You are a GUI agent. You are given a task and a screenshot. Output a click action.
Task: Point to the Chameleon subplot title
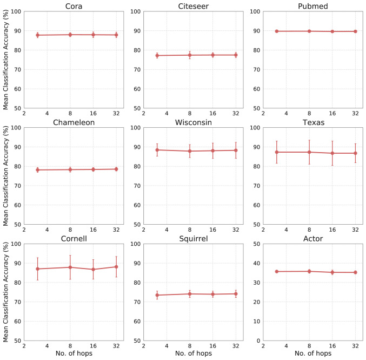(x=74, y=122)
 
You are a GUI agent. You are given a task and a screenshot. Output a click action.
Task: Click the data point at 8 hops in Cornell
(x=70, y=267)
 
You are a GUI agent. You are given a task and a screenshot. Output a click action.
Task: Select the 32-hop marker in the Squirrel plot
(x=236, y=294)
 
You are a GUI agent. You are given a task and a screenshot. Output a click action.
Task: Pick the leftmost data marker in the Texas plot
(x=277, y=152)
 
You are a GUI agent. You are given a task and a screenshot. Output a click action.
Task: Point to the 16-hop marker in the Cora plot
(x=94, y=35)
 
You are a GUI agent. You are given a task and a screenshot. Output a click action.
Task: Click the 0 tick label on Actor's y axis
(x=257, y=341)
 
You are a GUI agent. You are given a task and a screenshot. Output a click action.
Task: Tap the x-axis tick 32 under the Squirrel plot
(x=236, y=346)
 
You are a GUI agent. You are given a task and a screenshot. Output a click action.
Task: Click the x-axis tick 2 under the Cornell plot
(x=24, y=346)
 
